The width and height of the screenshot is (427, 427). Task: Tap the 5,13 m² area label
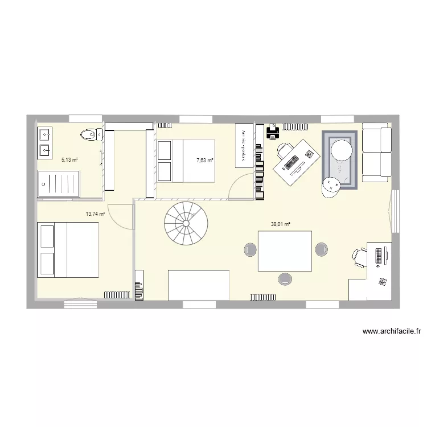pos(69,160)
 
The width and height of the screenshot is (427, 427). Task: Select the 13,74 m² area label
pos(95,214)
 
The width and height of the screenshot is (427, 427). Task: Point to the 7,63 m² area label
pos(204,161)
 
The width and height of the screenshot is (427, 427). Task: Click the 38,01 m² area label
pos(281,224)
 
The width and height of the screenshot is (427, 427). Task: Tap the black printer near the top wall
pos(273,133)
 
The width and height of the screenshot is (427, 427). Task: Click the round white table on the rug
pos(342,151)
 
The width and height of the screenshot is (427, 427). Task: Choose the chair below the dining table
pos(285,278)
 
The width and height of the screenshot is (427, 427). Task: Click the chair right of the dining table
pos(321,249)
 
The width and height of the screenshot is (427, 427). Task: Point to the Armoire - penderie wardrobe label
pos(244,145)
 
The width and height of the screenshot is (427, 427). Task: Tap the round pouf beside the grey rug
pos(330,187)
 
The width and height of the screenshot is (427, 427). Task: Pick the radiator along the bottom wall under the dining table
pos(263,295)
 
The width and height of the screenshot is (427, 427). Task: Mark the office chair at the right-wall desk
pos(359,257)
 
